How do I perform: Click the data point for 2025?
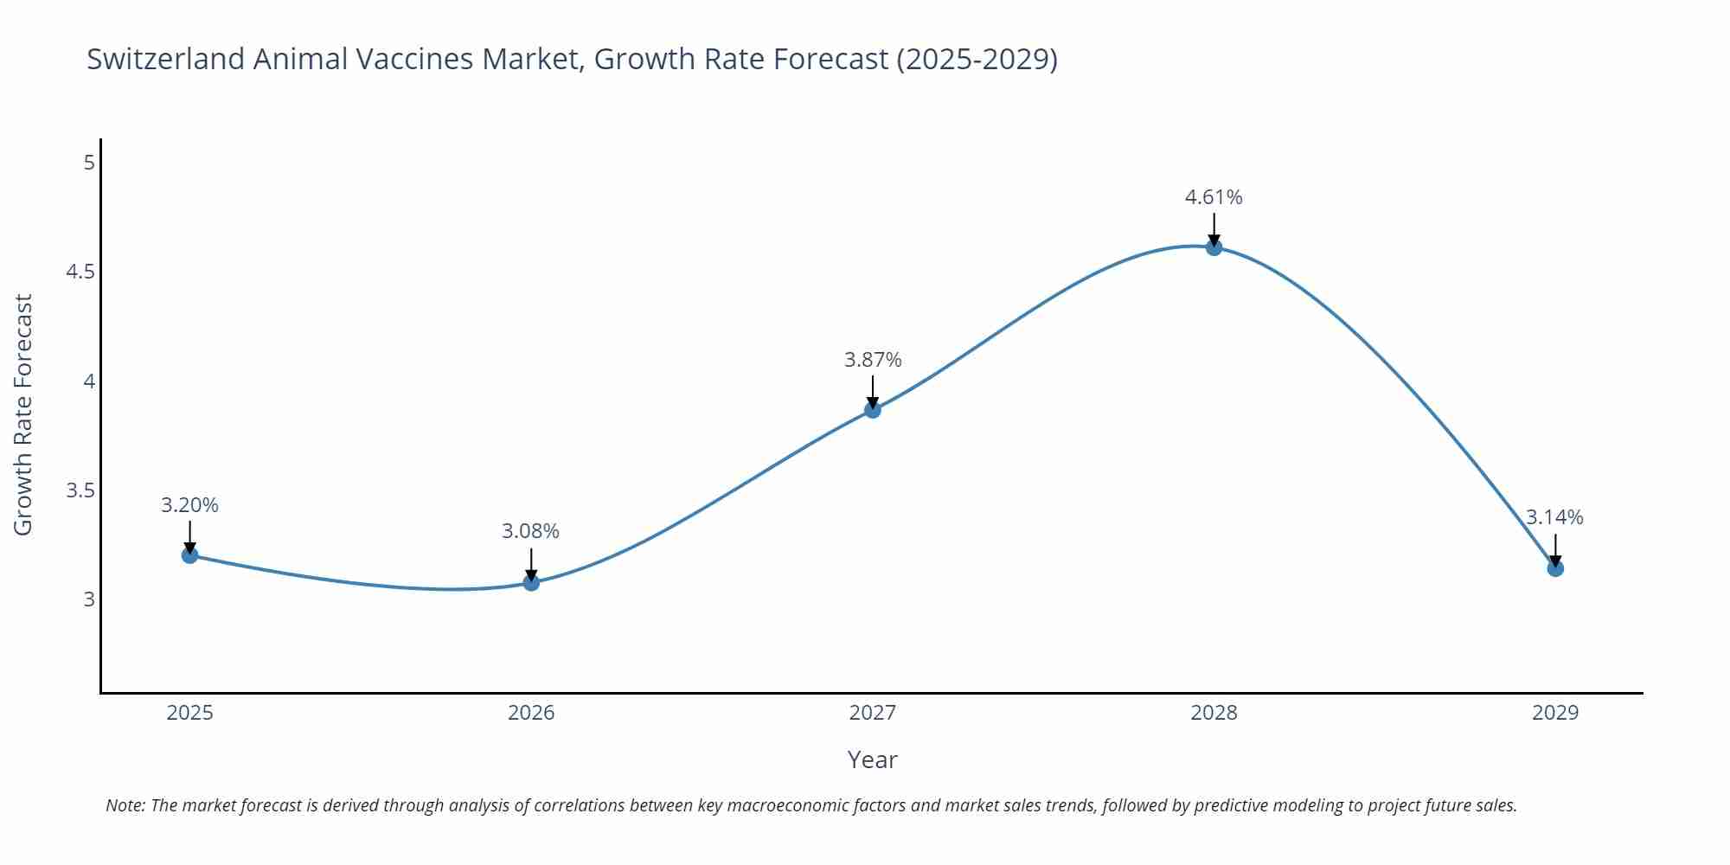[x=190, y=554]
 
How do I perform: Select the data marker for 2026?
[x=531, y=582]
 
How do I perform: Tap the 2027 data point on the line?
[x=873, y=410]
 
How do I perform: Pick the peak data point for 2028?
[x=1214, y=247]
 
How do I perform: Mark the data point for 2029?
[x=1555, y=568]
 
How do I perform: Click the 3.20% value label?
[x=190, y=505]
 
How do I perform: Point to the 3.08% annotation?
[x=531, y=531]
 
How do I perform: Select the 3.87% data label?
[x=873, y=360]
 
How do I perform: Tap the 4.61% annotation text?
[x=1214, y=197]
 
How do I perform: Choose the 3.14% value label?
[x=1554, y=517]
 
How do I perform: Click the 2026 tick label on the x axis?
[x=531, y=713]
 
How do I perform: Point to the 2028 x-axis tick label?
[x=1214, y=713]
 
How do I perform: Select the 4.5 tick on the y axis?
[x=80, y=272]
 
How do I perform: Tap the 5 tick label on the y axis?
[x=89, y=163]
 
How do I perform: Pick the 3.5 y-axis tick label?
[x=80, y=490]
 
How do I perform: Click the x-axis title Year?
[x=872, y=759]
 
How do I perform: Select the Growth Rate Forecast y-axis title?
[x=23, y=414]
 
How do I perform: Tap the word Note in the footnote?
[x=124, y=805]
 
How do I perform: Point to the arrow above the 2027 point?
[x=873, y=391]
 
